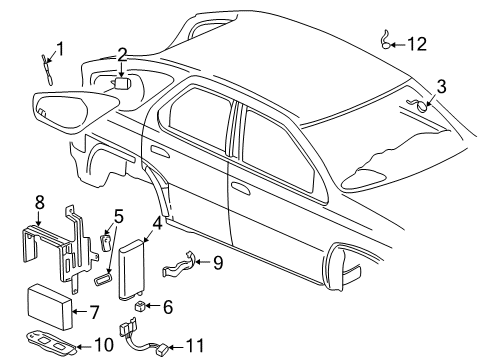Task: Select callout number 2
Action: (x=121, y=54)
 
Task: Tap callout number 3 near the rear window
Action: (x=440, y=87)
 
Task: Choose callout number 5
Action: (x=118, y=242)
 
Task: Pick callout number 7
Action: (x=95, y=312)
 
